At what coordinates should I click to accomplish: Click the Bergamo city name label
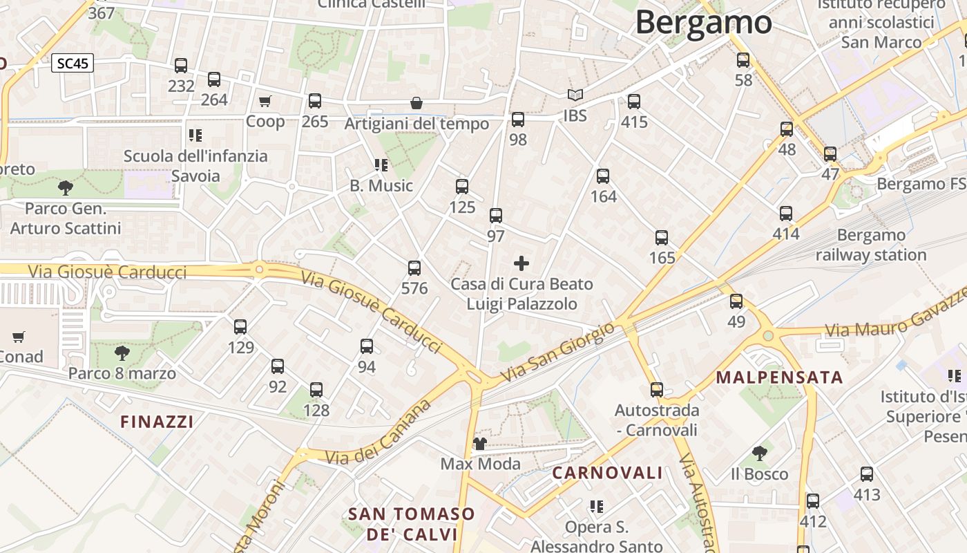tap(703, 22)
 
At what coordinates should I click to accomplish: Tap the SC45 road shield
tap(73, 64)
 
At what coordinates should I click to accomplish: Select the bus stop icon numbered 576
tap(414, 268)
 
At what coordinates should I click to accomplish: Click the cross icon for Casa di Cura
tap(521, 263)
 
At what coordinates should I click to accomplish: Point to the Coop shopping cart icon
tap(265, 102)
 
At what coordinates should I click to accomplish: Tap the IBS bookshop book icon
tap(575, 95)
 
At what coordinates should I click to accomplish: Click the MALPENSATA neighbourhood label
tap(779, 377)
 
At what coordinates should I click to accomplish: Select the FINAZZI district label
tap(157, 422)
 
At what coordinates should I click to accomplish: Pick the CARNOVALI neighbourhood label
tap(607, 474)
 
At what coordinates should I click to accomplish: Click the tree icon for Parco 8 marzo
tap(122, 353)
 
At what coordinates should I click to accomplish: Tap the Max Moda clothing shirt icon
tap(480, 443)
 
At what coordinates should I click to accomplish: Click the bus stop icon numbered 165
tap(662, 238)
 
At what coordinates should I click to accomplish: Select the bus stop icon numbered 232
tap(181, 66)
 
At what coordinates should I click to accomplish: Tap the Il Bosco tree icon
tap(760, 453)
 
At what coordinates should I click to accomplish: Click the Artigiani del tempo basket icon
tap(417, 104)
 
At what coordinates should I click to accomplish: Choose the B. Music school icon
tap(381, 165)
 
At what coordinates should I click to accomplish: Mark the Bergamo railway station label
tap(870, 245)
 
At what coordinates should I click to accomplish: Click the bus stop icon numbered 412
tap(813, 501)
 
